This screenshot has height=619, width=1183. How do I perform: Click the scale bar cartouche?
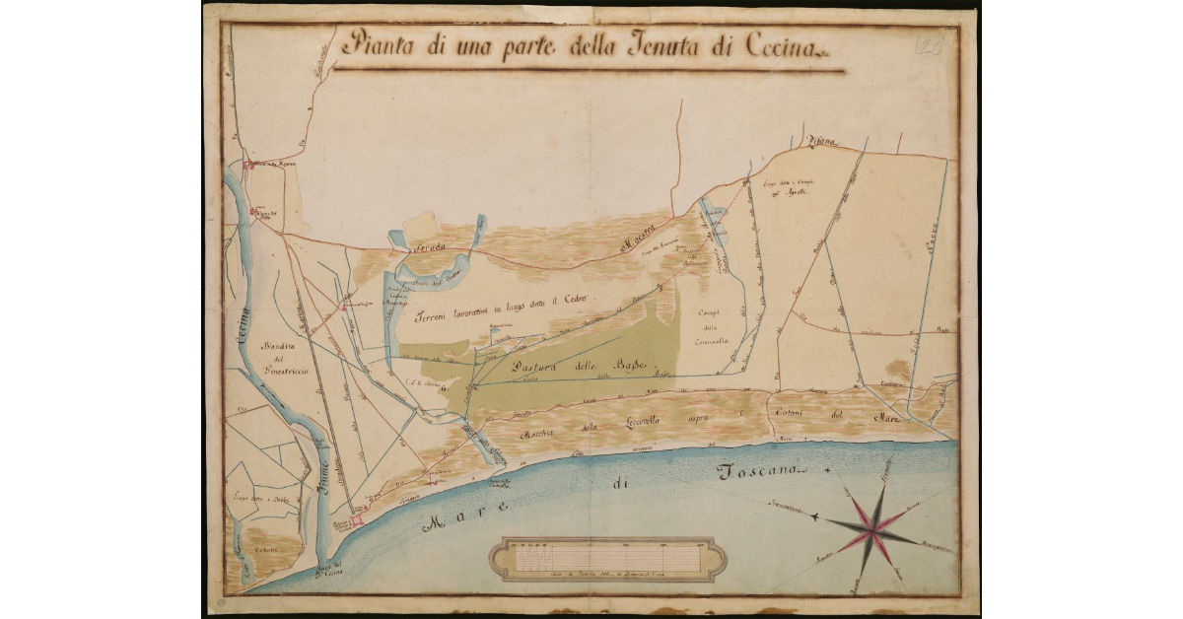click(x=613, y=558)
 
